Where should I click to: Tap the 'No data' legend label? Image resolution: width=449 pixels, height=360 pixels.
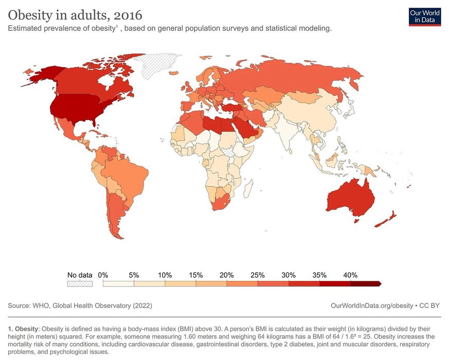click(80, 275)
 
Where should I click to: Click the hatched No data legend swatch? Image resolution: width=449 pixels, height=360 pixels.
click(80, 283)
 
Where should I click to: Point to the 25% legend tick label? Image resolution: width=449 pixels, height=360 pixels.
click(258, 275)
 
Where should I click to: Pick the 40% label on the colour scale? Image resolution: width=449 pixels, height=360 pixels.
click(350, 275)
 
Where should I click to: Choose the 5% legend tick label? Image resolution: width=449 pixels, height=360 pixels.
click(134, 275)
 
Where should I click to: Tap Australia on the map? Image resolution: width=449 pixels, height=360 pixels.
click(350, 198)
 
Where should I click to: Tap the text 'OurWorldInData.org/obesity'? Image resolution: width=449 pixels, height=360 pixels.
click(372, 305)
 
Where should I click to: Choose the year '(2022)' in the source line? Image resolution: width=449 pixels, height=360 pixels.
click(142, 305)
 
